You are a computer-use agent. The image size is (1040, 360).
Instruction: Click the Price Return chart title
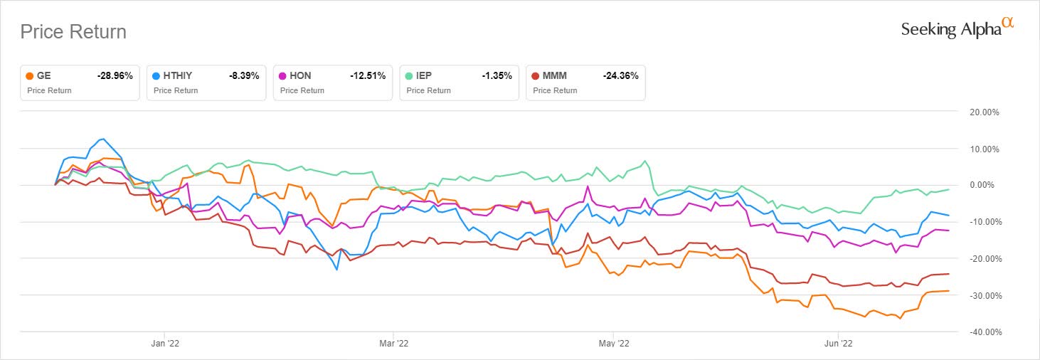73,32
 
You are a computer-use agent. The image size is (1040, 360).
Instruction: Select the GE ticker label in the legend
45,75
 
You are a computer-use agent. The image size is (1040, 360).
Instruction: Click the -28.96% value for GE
115,75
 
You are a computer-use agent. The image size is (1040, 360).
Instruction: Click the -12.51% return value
368,75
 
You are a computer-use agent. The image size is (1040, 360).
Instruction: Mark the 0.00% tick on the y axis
982,186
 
